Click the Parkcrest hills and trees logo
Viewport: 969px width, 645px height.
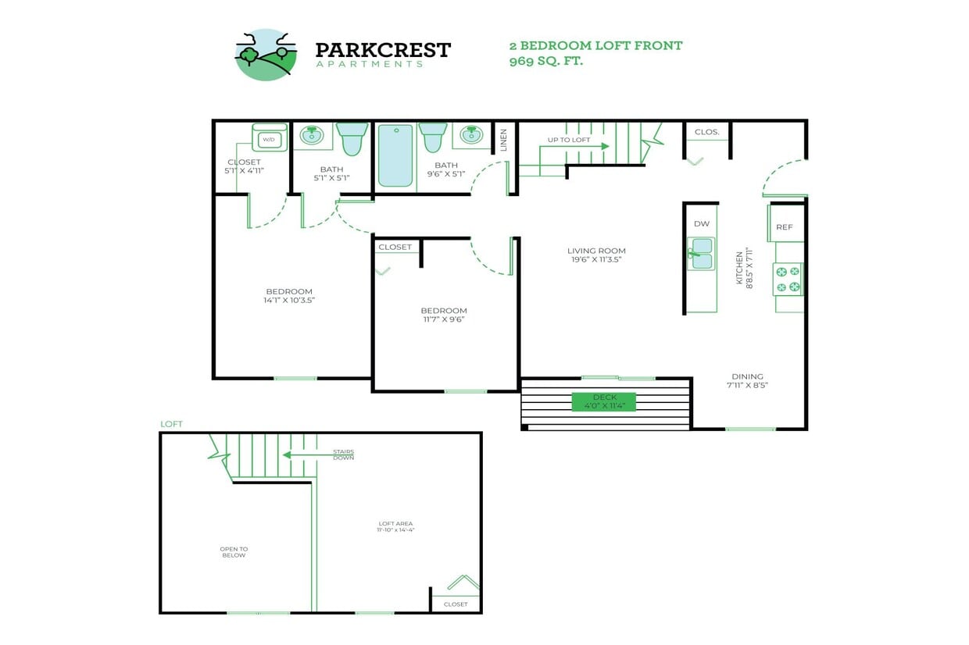click(x=266, y=54)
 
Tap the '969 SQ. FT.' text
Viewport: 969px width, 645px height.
click(x=545, y=61)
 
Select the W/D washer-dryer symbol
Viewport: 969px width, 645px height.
click(x=269, y=139)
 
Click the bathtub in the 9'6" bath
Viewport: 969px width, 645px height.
click(x=395, y=155)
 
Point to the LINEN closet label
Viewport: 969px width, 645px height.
click(x=504, y=139)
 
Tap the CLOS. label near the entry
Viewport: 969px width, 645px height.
click(x=706, y=132)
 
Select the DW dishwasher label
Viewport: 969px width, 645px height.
click(x=701, y=224)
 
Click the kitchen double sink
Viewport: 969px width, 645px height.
click(x=701, y=253)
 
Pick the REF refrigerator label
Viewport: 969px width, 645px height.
click(x=785, y=227)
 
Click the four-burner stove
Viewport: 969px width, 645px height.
click(x=788, y=280)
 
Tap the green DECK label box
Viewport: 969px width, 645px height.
click(x=604, y=401)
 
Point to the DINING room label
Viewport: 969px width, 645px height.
click(x=747, y=376)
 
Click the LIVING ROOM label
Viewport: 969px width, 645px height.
click(x=596, y=251)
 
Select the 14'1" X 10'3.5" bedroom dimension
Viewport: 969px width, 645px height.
click(x=289, y=300)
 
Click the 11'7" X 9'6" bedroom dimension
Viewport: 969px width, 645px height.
click(x=444, y=319)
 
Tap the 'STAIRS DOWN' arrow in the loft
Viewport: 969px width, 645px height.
click(x=297, y=454)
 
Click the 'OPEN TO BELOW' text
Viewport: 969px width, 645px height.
click(x=234, y=551)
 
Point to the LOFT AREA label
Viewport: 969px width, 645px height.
click(x=395, y=523)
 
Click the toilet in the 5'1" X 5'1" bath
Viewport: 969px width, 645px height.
click(x=352, y=138)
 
